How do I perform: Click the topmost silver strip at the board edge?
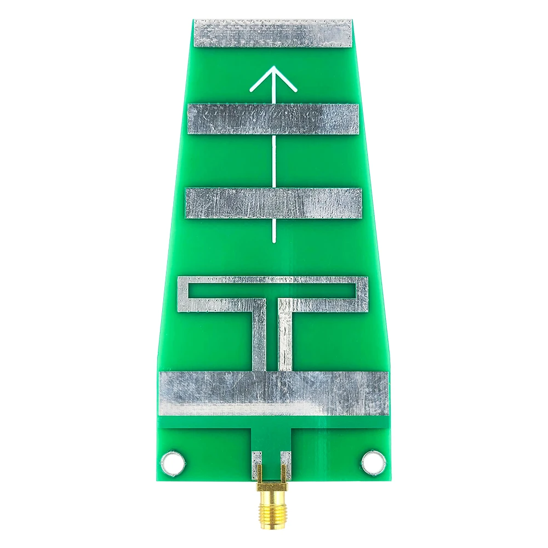273,33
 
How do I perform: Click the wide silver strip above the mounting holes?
273,393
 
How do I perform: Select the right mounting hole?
373,463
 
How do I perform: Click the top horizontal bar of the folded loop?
273,280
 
